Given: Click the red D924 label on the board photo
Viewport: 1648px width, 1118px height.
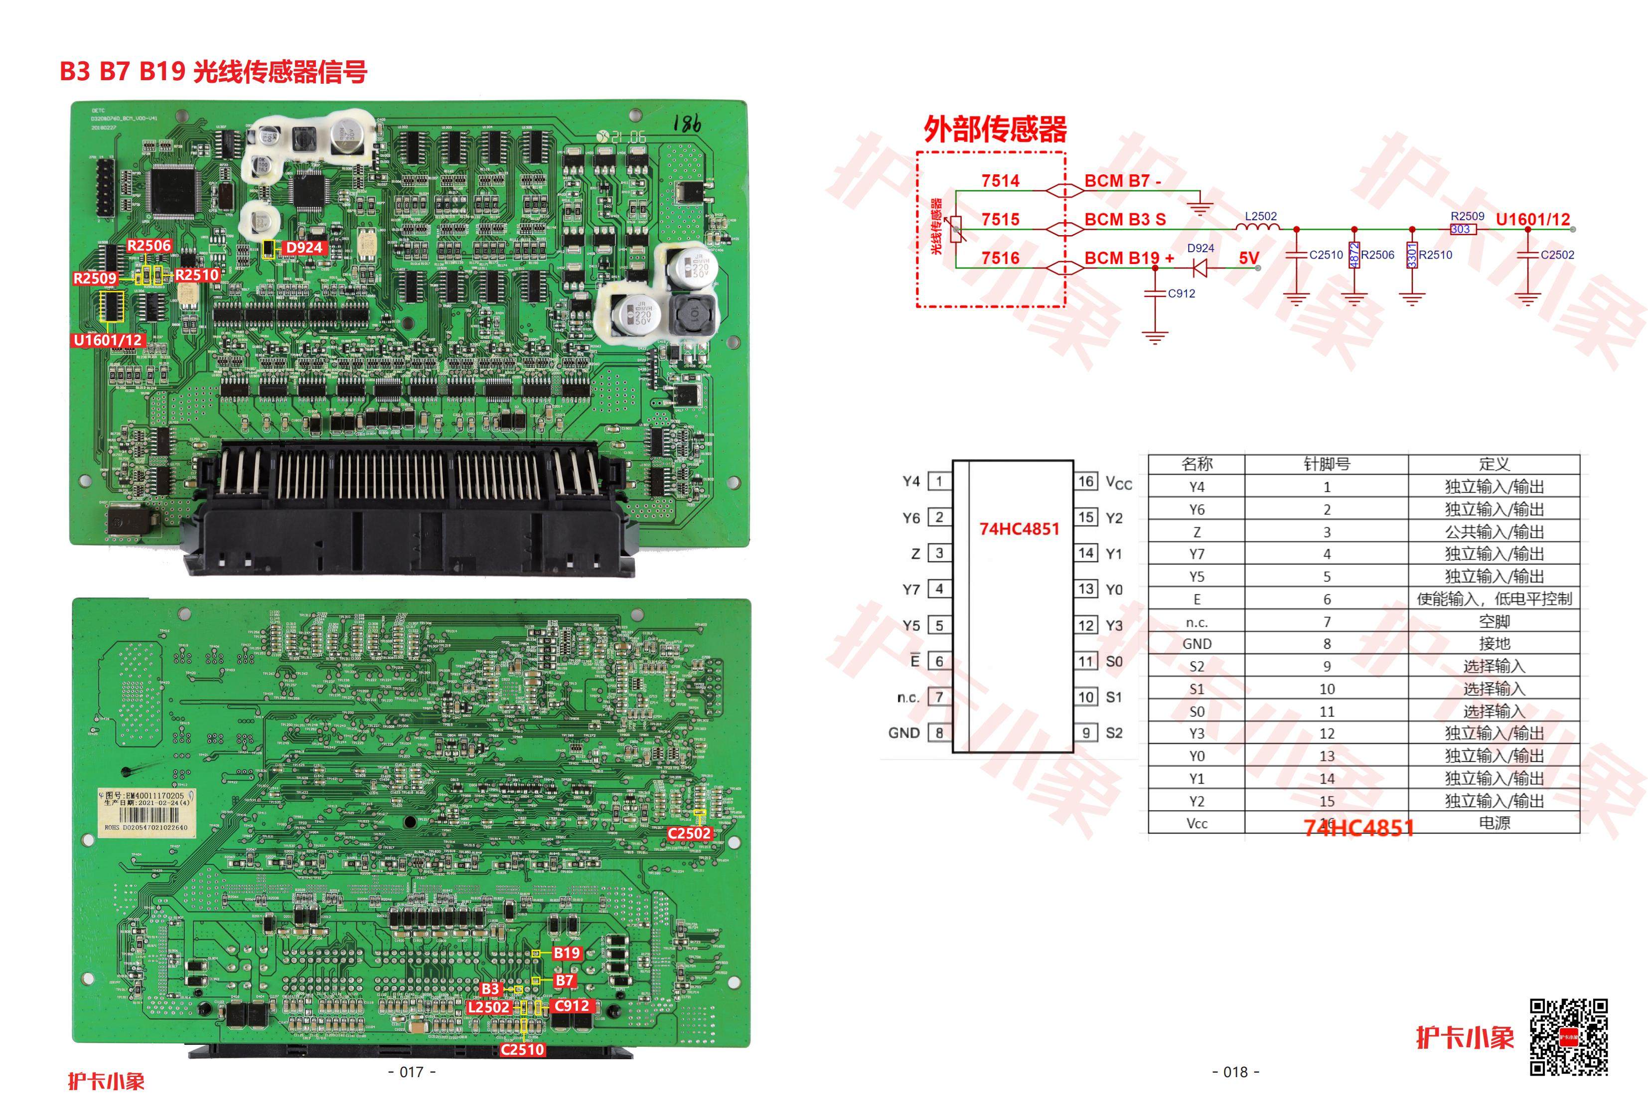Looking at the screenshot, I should tap(303, 248).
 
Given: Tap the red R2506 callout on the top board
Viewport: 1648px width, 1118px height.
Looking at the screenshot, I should tap(149, 246).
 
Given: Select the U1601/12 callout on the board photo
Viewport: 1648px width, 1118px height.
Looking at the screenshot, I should tap(108, 340).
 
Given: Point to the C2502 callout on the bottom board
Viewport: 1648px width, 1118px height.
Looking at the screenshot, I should tap(689, 833).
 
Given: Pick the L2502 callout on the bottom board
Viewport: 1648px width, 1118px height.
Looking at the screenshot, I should tap(488, 1007).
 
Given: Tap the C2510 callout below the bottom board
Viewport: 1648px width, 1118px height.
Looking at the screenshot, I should tap(523, 1050).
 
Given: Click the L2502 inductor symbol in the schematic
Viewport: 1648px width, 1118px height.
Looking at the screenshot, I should tap(1258, 228).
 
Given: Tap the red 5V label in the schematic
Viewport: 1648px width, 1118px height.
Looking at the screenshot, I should tap(1249, 258).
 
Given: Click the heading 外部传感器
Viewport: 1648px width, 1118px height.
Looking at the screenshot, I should tap(995, 130).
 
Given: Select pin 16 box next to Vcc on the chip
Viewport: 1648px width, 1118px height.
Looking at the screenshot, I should tap(1086, 481).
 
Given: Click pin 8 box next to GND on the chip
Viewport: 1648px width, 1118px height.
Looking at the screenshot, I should tap(939, 733).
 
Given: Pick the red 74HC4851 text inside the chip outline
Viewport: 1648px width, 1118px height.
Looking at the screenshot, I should tap(1019, 529).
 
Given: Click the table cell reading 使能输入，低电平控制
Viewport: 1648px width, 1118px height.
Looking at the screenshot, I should tap(1494, 599).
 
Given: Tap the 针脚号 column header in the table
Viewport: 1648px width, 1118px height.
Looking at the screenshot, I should tap(1326, 464).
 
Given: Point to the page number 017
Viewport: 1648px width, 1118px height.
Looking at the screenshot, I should tap(412, 1072).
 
